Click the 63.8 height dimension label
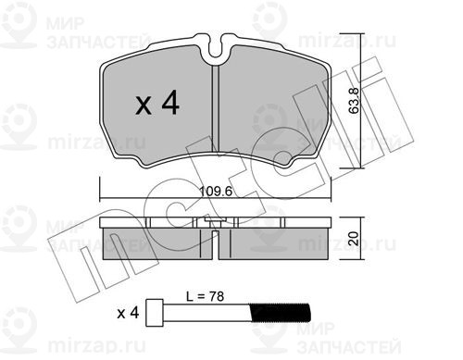[354, 101]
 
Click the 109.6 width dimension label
[216, 192]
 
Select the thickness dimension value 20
[354, 239]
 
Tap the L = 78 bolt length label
[205, 296]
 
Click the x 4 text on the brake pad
[157, 103]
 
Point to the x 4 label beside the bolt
[128, 314]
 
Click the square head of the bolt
[155, 313]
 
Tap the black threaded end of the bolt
[281, 312]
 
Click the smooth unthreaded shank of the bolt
[206, 312]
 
